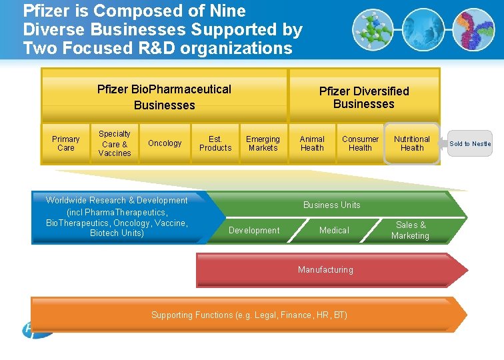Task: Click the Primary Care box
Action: pos(66,143)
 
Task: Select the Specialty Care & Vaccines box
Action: pos(115,143)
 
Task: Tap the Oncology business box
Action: pos(165,143)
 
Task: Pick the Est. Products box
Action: pos(215,143)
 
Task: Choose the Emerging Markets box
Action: pos(263,143)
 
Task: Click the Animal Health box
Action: pos(312,143)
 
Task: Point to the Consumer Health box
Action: pos(360,143)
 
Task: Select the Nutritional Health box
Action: pos(412,143)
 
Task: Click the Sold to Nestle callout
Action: pos(469,143)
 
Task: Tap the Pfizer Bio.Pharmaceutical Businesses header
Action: pos(164,97)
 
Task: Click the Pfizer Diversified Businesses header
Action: pos(364,97)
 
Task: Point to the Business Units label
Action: pos(331,205)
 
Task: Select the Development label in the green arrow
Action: pos(254,230)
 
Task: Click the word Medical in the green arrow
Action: pos(334,230)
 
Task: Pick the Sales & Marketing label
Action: pos(410,230)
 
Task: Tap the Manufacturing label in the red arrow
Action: pos(325,269)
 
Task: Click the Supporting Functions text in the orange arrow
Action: pos(249,315)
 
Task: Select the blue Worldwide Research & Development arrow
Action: pos(117,217)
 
